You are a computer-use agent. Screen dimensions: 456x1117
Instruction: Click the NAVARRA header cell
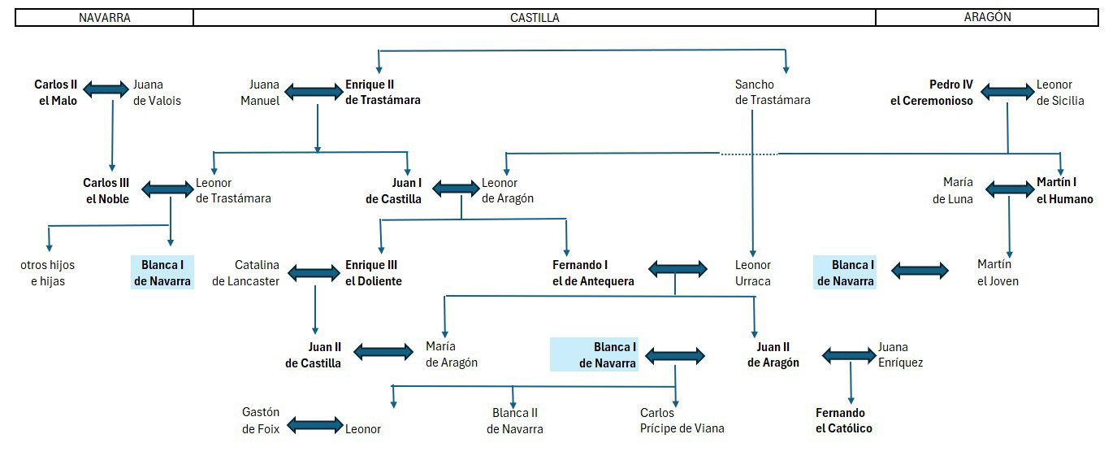tap(104, 17)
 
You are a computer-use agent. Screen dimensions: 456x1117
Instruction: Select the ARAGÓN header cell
tap(987, 17)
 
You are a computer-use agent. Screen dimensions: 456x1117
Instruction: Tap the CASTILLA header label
tap(535, 17)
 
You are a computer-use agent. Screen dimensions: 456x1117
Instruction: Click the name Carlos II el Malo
tap(56, 93)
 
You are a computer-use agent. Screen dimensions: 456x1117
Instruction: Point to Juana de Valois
tap(157, 93)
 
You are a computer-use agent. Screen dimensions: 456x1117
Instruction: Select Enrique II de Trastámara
tap(383, 93)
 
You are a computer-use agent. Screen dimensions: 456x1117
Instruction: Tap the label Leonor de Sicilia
tap(1060, 93)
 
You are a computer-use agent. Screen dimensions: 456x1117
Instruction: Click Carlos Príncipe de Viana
tap(682, 420)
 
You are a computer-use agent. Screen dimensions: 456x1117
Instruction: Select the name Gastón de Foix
tap(261, 420)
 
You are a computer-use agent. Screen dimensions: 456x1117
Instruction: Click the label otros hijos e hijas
tap(43, 273)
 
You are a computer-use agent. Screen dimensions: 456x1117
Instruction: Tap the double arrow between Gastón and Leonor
tap(316, 425)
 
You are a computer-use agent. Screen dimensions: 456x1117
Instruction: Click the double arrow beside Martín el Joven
tap(920, 271)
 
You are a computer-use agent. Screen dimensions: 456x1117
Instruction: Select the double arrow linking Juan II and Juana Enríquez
tap(849, 355)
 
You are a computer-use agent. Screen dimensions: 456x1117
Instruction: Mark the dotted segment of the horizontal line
tap(748, 154)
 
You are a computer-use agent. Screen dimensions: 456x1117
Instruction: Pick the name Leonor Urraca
tap(753, 273)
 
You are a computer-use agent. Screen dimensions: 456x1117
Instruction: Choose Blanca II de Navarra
tap(515, 420)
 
